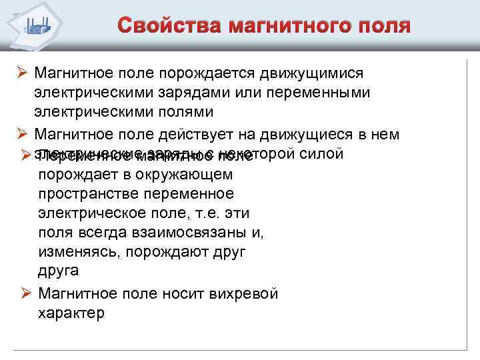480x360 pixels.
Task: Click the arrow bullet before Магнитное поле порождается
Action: pyautogui.click(x=23, y=71)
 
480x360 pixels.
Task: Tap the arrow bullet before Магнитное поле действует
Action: pyautogui.click(x=23, y=135)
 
